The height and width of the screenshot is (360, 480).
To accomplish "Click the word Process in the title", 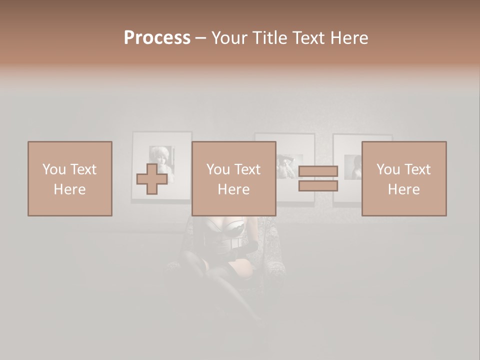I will click(157, 38).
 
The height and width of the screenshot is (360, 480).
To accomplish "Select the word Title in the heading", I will click(270, 38).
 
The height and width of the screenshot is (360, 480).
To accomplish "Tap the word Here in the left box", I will click(69, 189).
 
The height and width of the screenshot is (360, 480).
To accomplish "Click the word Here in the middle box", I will click(233, 189).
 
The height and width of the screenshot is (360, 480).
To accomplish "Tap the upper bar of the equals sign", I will click(318, 171).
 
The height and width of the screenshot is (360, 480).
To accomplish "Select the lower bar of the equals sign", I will click(318, 186).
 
